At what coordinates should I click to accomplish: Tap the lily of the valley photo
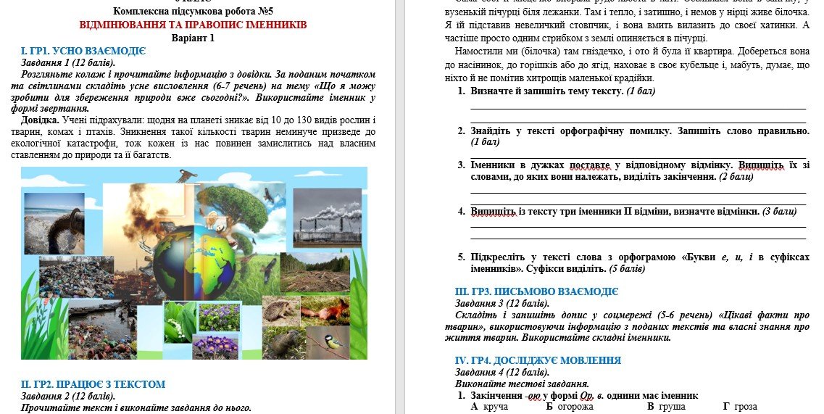click(180, 319)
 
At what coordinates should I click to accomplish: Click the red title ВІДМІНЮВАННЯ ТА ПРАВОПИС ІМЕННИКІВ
click(193, 25)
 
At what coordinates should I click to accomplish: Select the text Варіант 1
click(193, 38)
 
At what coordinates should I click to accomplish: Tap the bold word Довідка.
click(40, 120)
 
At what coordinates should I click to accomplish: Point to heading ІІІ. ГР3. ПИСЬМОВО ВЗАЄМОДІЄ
click(536, 291)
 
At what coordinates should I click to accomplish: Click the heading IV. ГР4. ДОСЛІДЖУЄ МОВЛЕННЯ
click(538, 360)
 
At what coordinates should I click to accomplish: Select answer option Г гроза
click(740, 407)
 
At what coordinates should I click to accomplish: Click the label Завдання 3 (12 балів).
click(502, 303)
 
